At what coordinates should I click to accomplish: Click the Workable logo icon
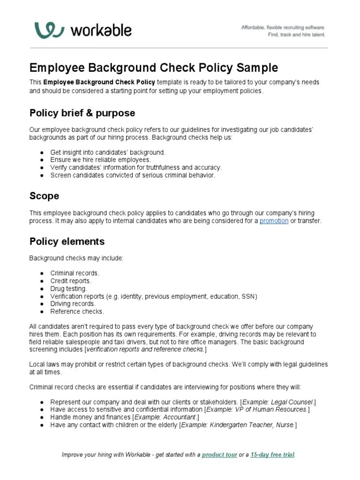[x=49, y=30]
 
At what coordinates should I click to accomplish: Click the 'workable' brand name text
[x=101, y=30]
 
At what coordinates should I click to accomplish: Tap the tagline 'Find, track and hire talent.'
[x=296, y=35]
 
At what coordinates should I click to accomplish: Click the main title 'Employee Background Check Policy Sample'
[x=154, y=67]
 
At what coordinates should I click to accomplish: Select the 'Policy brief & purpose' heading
[x=82, y=113]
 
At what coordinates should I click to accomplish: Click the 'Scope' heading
[x=44, y=195]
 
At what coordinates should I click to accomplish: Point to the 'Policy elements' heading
[x=67, y=241]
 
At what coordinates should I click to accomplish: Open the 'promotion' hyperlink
[x=274, y=221]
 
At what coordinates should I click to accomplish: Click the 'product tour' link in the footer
[x=219, y=455]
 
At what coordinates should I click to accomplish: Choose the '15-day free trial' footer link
[x=272, y=455]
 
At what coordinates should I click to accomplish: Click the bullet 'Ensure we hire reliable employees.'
[x=100, y=160]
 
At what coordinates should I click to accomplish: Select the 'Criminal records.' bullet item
[x=75, y=273]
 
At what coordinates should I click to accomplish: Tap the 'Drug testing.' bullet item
[x=68, y=289]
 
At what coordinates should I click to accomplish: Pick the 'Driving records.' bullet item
[x=73, y=304]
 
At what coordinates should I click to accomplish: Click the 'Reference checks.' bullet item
[x=77, y=311]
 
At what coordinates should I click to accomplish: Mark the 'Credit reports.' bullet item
[x=71, y=281]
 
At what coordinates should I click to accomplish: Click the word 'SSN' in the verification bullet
[x=248, y=296]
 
